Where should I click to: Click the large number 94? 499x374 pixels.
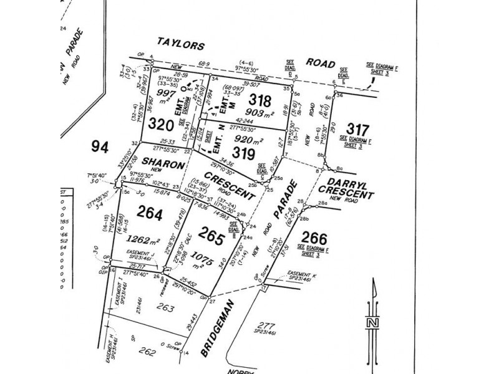pos(100,147)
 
